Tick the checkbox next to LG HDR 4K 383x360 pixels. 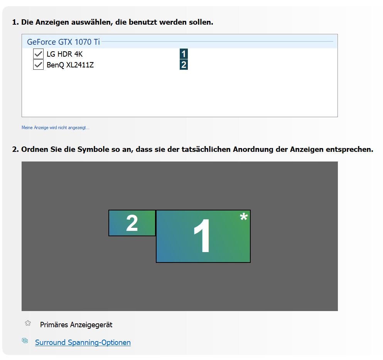pos(38,54)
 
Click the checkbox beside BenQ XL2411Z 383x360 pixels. pos(38,65)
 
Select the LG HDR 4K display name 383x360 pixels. pos(64,54)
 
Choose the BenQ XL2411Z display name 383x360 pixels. pos(70,65)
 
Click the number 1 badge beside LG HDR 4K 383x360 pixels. pos(184,54)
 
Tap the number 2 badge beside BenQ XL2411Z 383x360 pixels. pos(184,65)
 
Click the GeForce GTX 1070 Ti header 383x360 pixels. pos(63,42)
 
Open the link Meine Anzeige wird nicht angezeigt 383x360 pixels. pos(56,128)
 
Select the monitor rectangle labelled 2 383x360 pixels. pos(132,223)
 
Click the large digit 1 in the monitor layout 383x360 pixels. pos(202,236)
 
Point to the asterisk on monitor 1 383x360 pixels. pos(244,217)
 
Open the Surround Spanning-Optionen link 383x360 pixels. pos(83,342)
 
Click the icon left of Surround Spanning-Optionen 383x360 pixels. pos(25,340)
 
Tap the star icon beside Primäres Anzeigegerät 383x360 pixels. pos(28,323)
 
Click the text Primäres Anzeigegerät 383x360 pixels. pos(76,325)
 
